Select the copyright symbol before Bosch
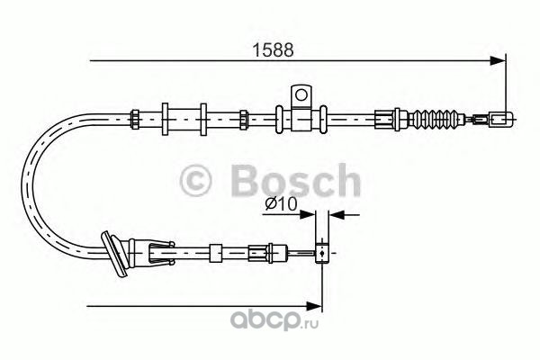pyautogui.click(x=200, y=183)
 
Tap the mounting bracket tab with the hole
pyautogui.click(x=301, y=94)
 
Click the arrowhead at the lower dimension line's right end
pyautogui.click(x=316, y=304)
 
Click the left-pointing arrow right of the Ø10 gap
pyautogui.click(x=335, y=214)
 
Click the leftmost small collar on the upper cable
pyautogui.click(x=135, y=117)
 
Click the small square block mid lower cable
pyautogui.click(x=215, y=253)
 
